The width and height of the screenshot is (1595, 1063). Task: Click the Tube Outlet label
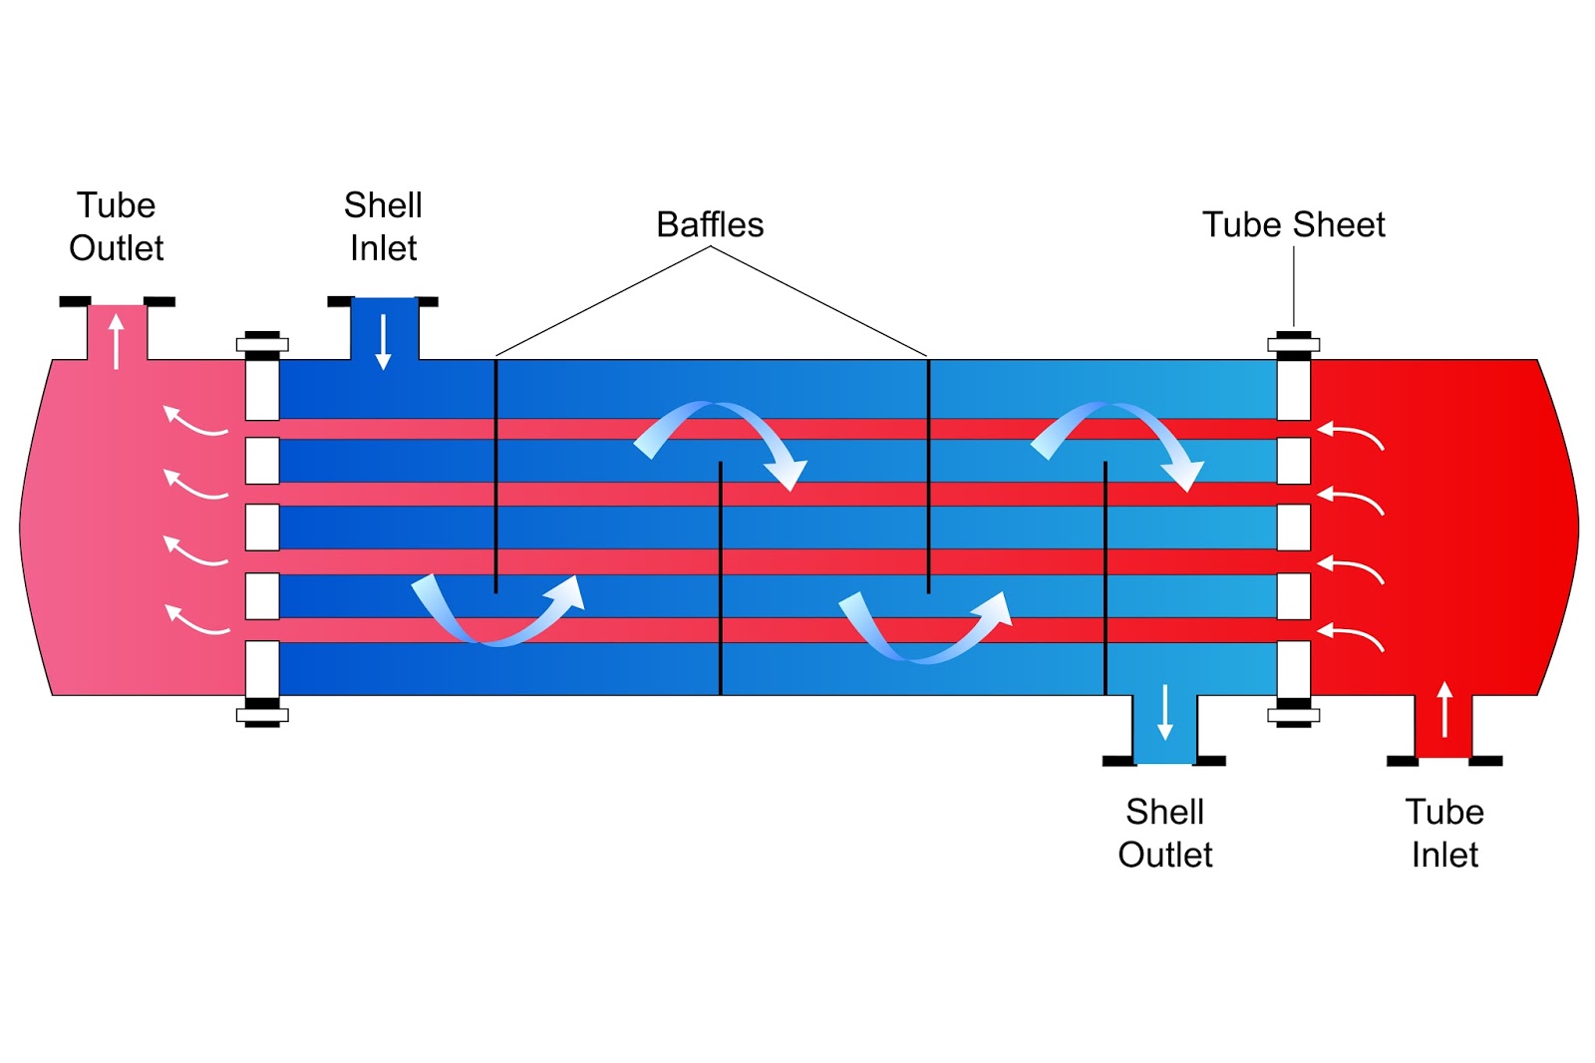(116, 226)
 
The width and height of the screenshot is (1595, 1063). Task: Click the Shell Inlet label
(383, 226)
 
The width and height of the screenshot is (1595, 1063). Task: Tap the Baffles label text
(710, 224)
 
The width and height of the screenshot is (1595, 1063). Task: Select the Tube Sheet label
(1294, 224)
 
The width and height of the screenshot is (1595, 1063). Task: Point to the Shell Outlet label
(1165, 833)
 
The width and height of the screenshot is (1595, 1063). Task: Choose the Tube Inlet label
(1444, 833)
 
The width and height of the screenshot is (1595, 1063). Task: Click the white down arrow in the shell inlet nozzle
(383, 342)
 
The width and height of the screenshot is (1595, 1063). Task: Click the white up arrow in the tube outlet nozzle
(117, 342)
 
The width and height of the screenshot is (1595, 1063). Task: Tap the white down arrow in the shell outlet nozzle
(1165, 712)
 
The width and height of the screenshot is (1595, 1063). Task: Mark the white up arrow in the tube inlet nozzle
(1444, 710)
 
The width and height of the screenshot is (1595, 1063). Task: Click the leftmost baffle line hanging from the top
(495, 476)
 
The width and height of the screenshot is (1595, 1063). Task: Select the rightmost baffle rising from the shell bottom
(1106, 577)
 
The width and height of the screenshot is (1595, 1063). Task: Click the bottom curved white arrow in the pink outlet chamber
(193, 622)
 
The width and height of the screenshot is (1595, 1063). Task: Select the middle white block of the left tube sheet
(262, 528)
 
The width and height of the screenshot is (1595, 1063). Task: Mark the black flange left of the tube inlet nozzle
(1402, 761)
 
